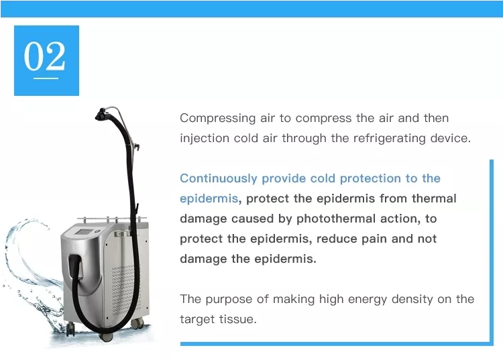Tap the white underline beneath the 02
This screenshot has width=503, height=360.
click(x=46, y=78)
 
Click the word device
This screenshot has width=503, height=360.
click(x=453, y=139)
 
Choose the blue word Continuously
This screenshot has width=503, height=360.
click(x=219, y=178)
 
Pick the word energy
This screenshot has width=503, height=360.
click(x=371, y=299)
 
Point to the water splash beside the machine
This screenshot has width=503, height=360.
click(x=30, y=282)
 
